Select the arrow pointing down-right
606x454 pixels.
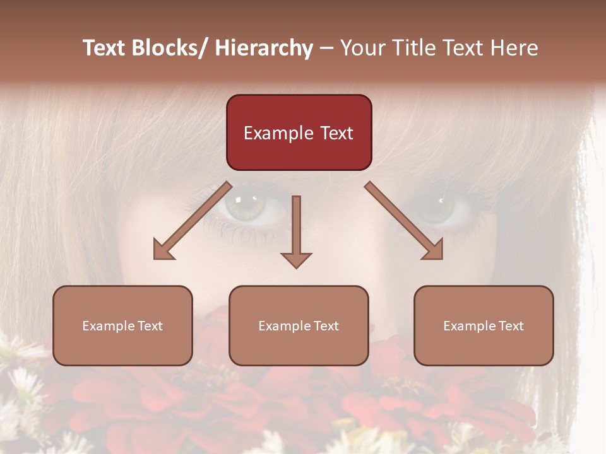tap(404, 221)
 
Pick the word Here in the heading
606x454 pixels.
tap(514, 48)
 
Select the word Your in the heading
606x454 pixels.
tap(360, 48)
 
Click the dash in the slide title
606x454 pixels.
tap(326, 49)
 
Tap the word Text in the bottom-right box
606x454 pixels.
tap(510, 326)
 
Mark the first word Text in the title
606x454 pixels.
tap(105, 48)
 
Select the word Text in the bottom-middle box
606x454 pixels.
tap(325, 326)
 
